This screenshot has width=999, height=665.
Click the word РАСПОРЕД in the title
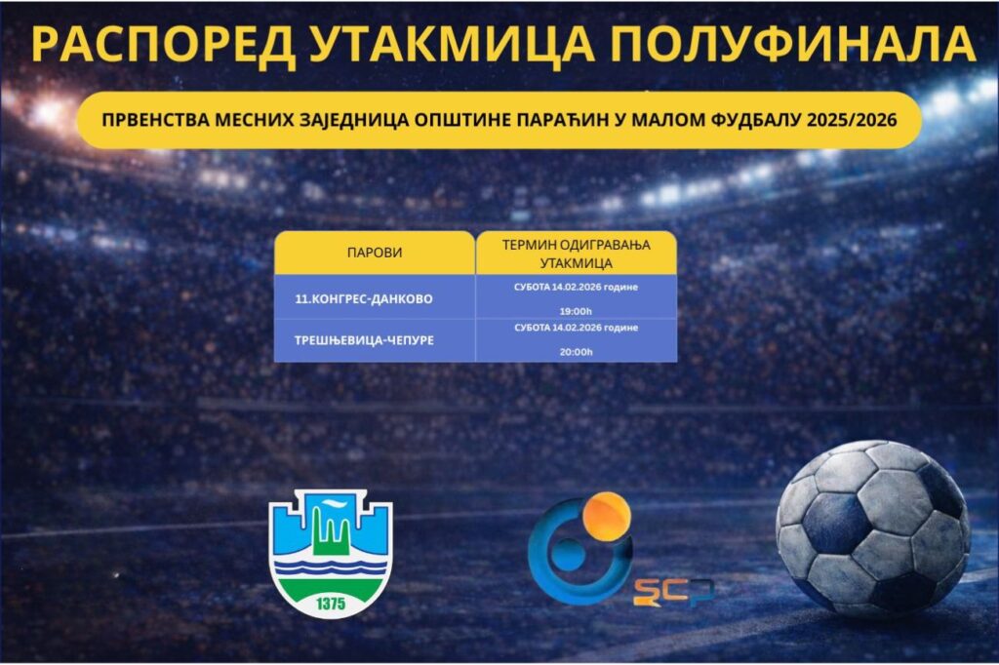coord(163,45)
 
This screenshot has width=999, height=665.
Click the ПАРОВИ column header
coord(375,253)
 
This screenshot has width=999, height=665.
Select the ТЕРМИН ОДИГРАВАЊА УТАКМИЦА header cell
coord(576,254)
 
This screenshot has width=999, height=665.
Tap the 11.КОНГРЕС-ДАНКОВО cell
coord(364,298)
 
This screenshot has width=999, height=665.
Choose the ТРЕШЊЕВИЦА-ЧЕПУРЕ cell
coord(364,340)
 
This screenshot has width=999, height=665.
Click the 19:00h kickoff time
coord(576,311)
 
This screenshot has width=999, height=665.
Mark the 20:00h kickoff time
coord(576,352)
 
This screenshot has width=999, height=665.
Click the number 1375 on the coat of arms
coord(331,604)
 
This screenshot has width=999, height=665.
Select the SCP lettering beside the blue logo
coord(673,592)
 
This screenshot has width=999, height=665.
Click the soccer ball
coord(873,528)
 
